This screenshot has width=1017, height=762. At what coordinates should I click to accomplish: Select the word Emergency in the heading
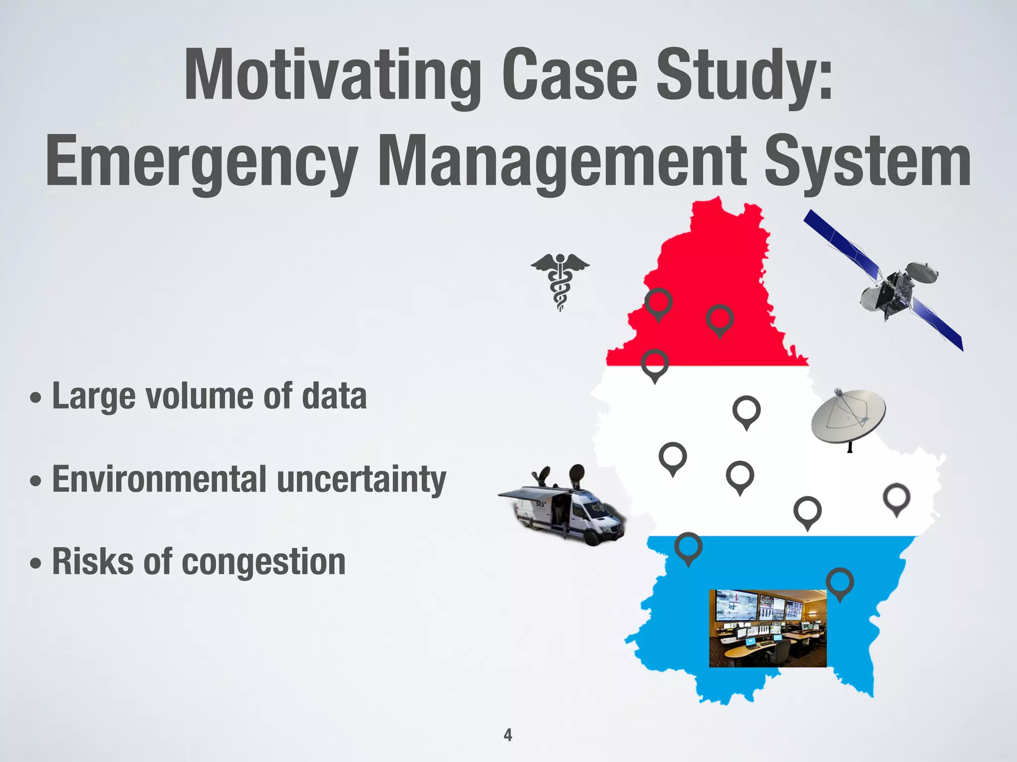click(x=202, y=162)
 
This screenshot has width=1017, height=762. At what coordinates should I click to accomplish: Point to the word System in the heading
click(x=867, y=162)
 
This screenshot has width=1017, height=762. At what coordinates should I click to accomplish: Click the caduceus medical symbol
click(x=560, y=281)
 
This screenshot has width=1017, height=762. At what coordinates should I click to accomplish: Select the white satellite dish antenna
click(x=848, y=417)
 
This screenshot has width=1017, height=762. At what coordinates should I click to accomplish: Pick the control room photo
click(x=767, y=628)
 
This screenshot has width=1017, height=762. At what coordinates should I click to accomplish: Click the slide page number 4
click(x=508, y=735)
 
